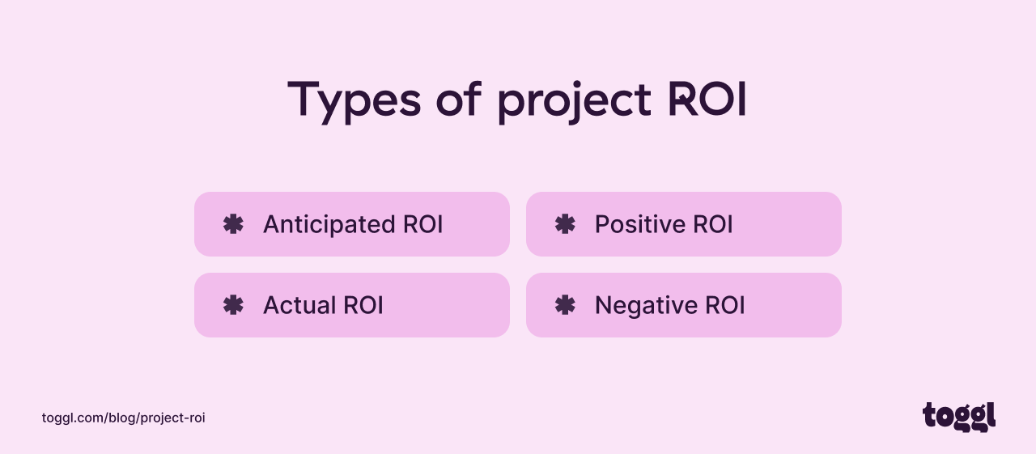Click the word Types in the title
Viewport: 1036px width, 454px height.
pyautogui.click(x=354, y=100)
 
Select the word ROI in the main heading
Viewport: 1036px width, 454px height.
pyautogui.click(x=707, y=100)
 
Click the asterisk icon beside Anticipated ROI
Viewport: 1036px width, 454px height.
pyautogui.click(x=233, y=224)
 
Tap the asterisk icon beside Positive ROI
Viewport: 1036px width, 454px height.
pyautogui.click(x=565, y=224)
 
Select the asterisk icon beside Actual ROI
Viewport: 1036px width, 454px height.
pyautogui.click(x=233, y=305)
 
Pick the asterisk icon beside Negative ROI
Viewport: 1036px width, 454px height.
pyautogui.click(x=565, y=305)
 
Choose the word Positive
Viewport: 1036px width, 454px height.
pyautogui.click(x=641, y=224)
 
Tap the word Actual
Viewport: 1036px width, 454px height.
pyautogui.click(x=299, y=305)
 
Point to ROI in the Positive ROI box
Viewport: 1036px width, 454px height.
pyautogui.click(x=713, y=224)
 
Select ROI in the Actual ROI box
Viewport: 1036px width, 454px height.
pyautogui.click(x=363, y=305)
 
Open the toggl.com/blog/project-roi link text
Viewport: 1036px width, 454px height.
pyautogui.click(x=123, y=418)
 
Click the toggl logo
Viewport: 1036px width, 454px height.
pyautogui.click(x=958, y=416)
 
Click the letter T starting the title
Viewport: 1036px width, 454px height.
pyautogui.click(x=304, y=100)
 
